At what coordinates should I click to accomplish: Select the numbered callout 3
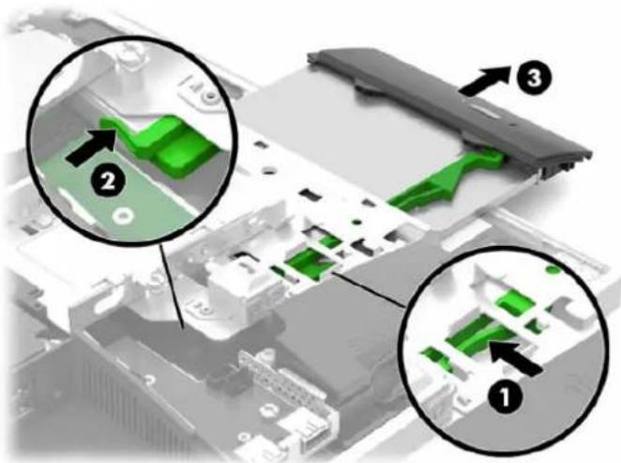[x=534, y=79]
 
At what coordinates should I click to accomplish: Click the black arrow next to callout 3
[x=484, y=81]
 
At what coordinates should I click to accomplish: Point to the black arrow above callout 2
[x=90, y=147]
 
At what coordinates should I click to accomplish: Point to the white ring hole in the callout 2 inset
[x=122, y=216]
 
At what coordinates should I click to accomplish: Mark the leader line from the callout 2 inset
[x=173, y=285]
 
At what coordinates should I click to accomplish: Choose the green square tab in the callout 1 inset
[x=516, y=302]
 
